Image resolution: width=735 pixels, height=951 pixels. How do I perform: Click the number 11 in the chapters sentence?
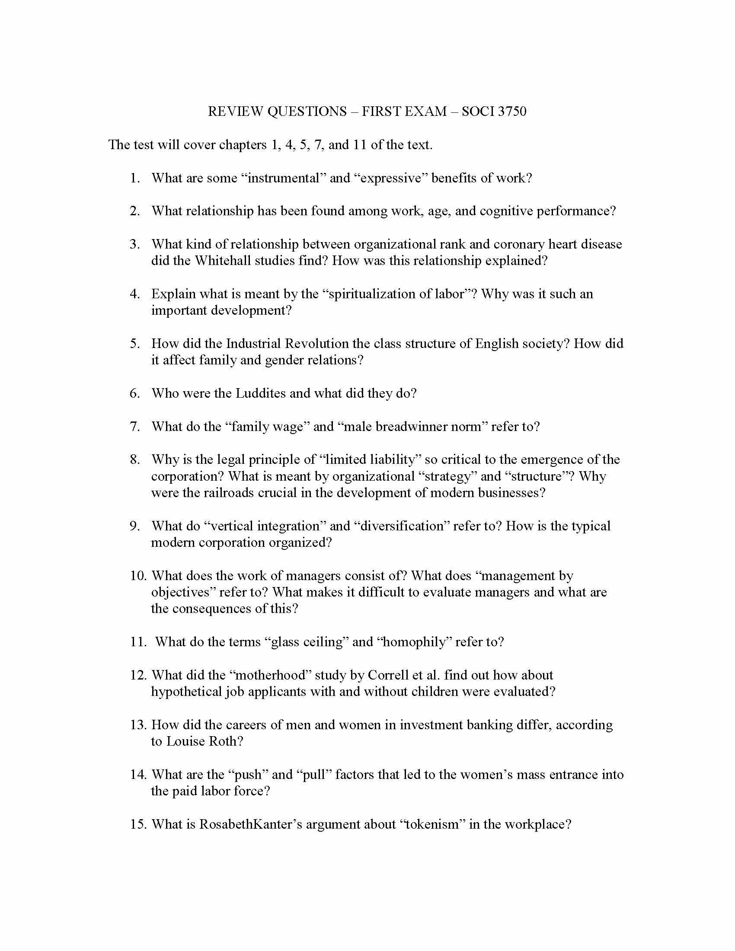click(x=360, y=144)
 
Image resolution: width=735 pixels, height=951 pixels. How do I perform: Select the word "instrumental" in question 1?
click(x=283, y=178)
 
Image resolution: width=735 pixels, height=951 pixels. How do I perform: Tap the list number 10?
click(x=138, y=576)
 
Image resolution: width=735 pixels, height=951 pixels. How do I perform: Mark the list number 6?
click(x=134, y=393)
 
